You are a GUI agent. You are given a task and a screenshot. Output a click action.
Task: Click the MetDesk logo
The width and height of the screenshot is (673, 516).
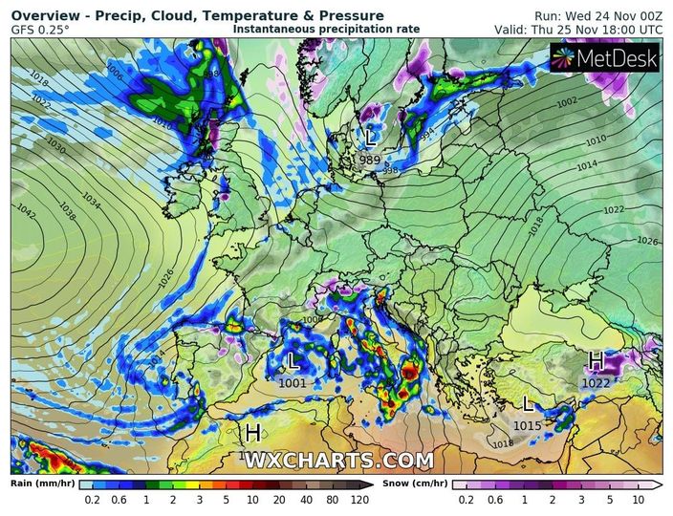click(605, 59)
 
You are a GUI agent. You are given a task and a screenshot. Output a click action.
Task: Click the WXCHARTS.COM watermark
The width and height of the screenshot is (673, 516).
click(338, 461)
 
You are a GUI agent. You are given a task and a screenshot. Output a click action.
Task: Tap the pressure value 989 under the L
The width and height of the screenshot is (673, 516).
click(370, 160)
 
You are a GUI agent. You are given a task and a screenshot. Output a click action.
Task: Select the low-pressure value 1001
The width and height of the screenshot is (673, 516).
click(293, 383)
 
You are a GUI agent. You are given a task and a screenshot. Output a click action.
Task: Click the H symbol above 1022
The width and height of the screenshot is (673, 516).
click(596, 360)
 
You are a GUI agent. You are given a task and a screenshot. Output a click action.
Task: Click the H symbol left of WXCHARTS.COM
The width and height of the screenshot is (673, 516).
click(252, 434)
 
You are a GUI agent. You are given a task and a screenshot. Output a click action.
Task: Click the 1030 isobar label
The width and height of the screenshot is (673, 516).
click(55, 149)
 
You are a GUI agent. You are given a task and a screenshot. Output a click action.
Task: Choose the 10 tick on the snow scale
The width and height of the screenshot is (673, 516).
click(638, 500)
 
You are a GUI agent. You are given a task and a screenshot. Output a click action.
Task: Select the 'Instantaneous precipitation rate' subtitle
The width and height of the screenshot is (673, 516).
click(326, 30)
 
